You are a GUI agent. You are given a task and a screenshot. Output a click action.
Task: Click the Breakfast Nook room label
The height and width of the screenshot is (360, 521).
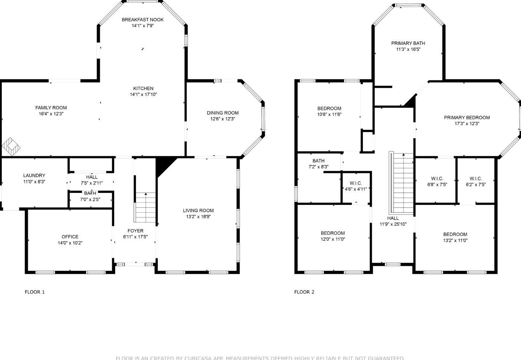click(143, 20)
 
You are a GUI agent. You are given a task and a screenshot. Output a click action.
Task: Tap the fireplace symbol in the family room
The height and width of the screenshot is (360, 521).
click(11, 147)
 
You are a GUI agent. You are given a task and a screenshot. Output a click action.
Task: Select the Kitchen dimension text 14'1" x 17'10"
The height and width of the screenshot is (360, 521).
click(143, 94)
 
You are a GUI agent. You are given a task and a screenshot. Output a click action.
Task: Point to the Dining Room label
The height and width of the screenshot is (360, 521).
click(223, 113)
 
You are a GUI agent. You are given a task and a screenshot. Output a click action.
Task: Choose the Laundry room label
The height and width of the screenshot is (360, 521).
click(34, 176)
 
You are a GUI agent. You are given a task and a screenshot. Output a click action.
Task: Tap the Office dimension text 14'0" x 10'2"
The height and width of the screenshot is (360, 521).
click(70, 243)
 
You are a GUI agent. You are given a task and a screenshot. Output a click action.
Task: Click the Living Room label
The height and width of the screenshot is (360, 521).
click(198, 210)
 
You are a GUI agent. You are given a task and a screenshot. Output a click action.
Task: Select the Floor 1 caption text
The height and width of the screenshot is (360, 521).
click(35, 292)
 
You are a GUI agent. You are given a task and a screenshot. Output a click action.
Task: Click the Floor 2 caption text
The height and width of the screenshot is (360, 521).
click(304, 292)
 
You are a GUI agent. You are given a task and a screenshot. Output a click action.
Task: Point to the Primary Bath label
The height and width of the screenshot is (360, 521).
click(408, 43)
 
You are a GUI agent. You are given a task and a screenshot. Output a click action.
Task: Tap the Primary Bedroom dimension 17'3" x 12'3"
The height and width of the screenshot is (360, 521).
click(467, 124)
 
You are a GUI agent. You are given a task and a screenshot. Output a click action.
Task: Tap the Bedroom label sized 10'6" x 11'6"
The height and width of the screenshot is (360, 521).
click(329, 109)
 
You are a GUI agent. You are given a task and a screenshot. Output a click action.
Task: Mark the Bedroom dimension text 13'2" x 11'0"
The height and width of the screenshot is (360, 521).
click(455, 240)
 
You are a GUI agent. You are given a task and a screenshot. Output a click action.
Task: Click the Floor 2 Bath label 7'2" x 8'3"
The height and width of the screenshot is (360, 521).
click(318, 161)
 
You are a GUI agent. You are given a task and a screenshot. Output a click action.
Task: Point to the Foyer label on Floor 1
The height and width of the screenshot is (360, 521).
click(136, 231)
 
